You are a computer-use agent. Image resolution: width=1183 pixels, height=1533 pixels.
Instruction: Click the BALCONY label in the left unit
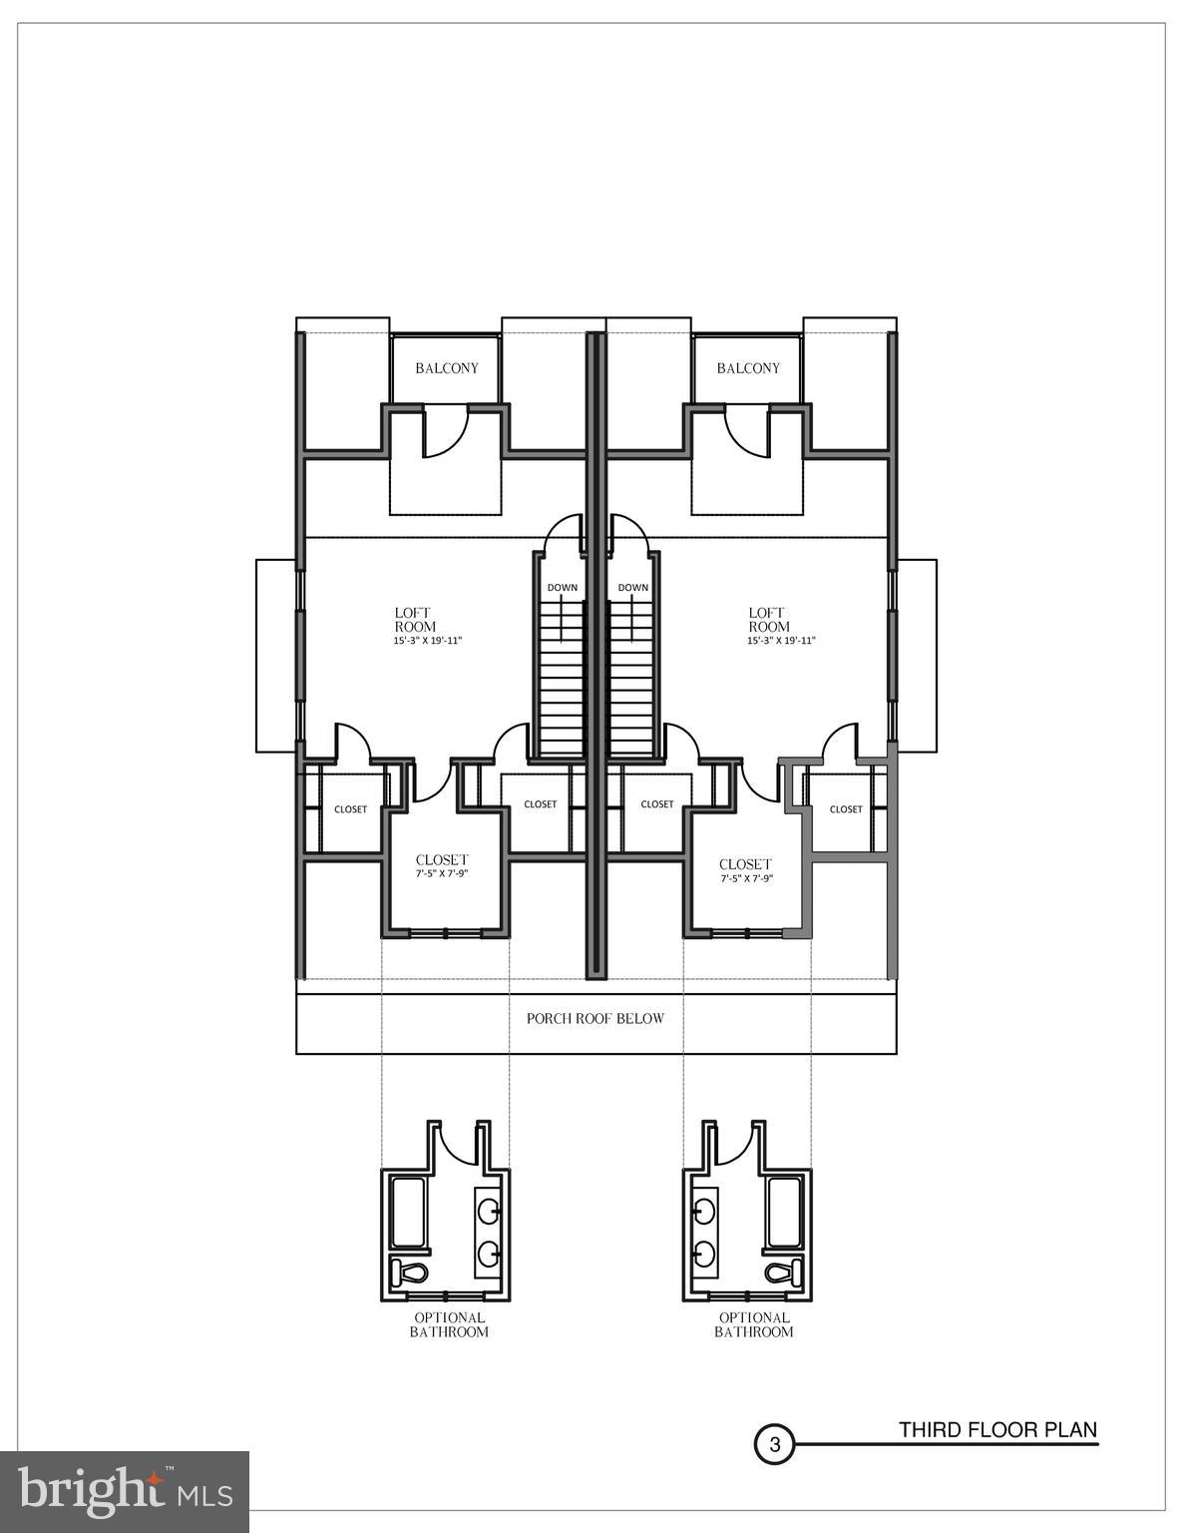[447, 368]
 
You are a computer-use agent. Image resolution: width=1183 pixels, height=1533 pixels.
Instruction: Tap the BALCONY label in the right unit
[748, 368]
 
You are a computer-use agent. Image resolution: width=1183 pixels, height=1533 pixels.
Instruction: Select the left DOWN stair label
[562, 588]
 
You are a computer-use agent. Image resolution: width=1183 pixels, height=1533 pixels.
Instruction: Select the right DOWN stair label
[632, 588]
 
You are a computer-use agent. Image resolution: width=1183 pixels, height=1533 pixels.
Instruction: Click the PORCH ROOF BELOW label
[595, 1019]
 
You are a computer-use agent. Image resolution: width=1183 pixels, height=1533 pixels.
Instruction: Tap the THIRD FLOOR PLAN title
[996, 1430]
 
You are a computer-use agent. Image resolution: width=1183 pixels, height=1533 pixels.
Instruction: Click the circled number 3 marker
[774, 1444]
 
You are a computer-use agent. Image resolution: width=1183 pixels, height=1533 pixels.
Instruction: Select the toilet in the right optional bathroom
[784, 1274]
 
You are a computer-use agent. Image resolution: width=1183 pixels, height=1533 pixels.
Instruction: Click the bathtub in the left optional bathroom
[410, 1212]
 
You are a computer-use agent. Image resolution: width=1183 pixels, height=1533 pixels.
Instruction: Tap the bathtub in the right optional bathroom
[784, 1212]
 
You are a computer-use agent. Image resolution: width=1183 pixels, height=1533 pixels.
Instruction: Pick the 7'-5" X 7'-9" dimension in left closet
[442, 874]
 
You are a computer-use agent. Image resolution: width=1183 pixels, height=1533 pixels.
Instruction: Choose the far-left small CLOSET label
[350, 809]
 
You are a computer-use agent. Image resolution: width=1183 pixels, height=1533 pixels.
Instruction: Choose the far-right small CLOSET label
[846, 809]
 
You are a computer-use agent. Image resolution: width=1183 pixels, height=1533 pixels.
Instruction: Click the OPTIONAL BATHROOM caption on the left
[449, 1325]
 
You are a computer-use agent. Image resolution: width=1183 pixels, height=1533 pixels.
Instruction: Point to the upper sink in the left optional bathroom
[489, 1211]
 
